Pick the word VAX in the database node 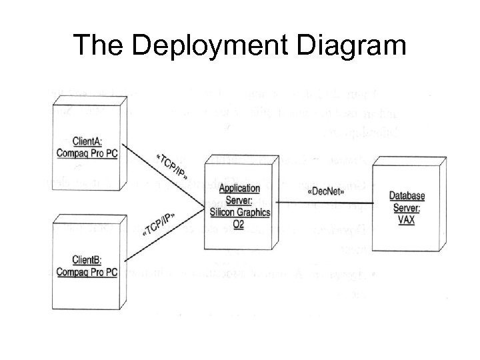click(406, 220)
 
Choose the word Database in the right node click(407, 195)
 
